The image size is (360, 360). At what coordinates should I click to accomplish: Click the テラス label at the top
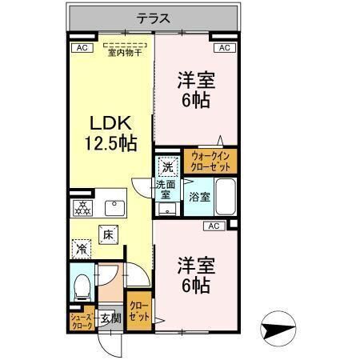pos(151,18)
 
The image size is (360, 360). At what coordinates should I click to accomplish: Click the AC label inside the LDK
pos(80,49)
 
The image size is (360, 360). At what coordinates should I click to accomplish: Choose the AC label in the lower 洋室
pos(214,226)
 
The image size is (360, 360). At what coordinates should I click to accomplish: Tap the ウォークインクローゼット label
pos(210,162)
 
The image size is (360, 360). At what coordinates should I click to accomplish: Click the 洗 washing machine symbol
pos(167,167)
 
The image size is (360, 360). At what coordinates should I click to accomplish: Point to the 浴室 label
pos(200,197)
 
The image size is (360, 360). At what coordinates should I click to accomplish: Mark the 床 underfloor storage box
pos(107,234)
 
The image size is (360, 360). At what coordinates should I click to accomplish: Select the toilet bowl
pos(82,285)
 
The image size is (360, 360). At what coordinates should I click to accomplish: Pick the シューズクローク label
pos(81,322)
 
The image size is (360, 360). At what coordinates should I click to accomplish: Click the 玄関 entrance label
pos(110,319)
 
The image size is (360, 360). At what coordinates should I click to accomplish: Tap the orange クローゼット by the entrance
pos(139,310)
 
